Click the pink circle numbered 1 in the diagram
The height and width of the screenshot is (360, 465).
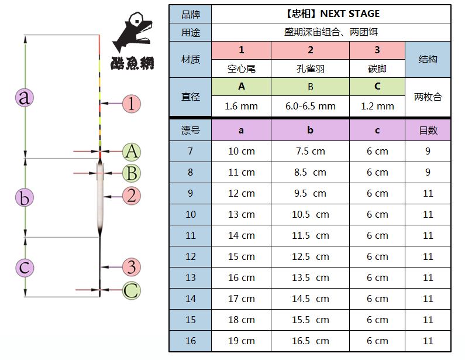coord(132,104)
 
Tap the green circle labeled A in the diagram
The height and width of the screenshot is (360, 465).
coord(132,152)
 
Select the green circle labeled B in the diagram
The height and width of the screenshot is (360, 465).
coord(132,173)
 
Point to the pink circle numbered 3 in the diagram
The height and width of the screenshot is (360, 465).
coord(132,267)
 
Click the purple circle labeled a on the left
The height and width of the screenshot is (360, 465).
coord(24,97)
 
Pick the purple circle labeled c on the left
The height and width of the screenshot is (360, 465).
coord(24,268)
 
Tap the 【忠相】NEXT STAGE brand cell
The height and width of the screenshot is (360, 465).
coord(330,14)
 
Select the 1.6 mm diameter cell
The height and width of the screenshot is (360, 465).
coord(241,107)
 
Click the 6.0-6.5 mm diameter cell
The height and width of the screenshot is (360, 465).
coord(310,107)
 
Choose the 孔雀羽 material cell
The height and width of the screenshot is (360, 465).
coord(310,68)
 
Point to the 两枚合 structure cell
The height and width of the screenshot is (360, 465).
coord(428,97)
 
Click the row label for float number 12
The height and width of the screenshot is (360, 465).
coord(190,256)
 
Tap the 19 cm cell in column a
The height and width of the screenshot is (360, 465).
coord(241,341)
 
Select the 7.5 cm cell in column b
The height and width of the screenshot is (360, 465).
coord(310,151)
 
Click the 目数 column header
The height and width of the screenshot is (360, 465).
coord(428,130)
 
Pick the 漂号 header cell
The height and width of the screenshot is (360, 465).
coord(190,130)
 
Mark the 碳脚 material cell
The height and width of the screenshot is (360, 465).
coord(377,68)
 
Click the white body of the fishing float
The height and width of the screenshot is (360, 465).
coord(101,202)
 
